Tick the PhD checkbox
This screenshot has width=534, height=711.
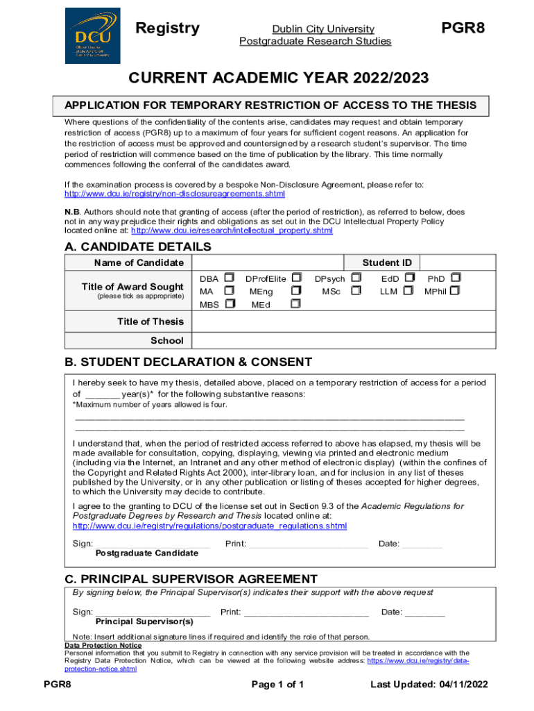click(456, 278)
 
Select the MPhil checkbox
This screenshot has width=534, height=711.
click(455, 291)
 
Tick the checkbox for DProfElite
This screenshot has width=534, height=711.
click(297, 278)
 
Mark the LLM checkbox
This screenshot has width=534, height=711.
click(409, 291)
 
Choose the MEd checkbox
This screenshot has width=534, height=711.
click(296, 304)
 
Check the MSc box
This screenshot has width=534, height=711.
click(356, 291)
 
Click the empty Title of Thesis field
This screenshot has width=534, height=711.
click(344, 321)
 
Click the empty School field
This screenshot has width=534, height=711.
click(344, 340)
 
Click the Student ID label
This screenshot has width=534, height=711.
click(387, 262)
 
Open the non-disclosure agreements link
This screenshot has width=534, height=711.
click(174, 194)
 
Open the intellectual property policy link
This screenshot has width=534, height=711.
click(232, 231)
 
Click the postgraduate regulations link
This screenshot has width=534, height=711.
click(209, 526)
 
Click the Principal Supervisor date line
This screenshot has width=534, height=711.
click(424, 612)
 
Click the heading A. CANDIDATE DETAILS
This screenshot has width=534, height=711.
click(137, 246)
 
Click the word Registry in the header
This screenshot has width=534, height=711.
click(167, 28)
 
